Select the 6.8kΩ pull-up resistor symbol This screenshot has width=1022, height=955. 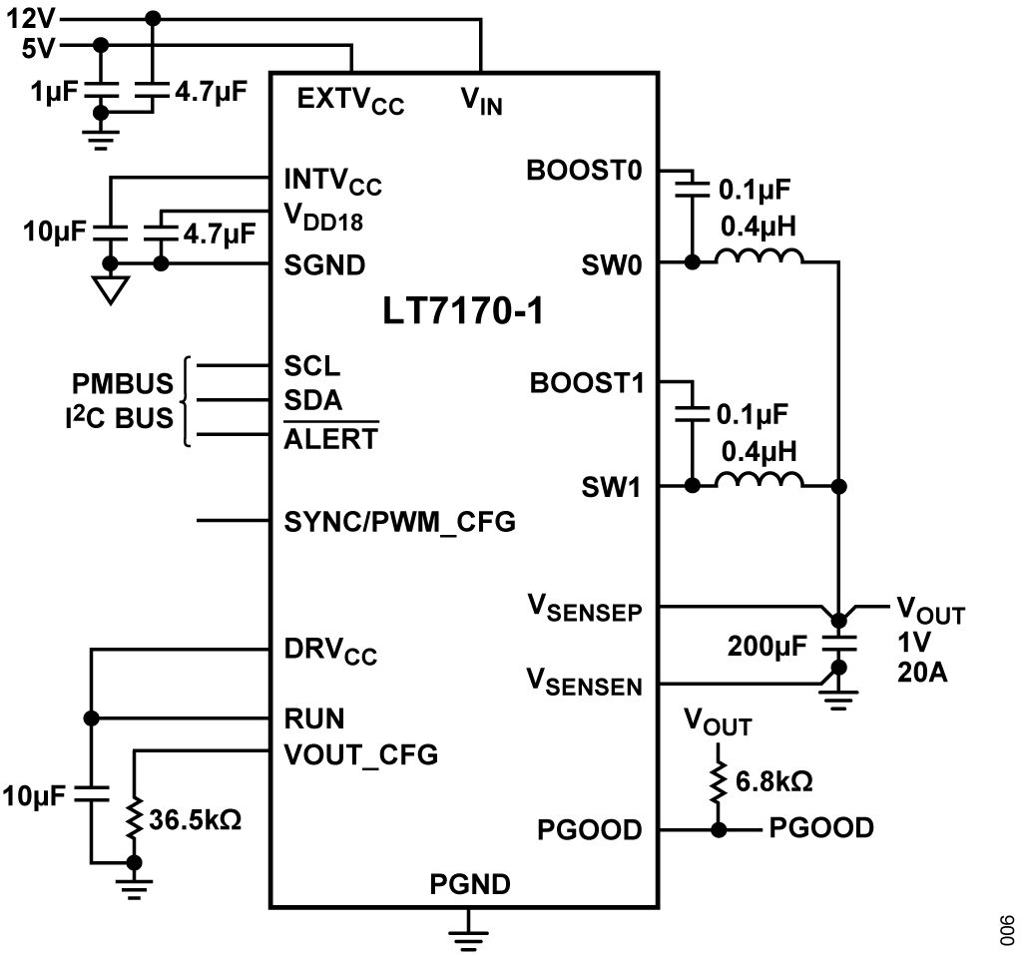716,781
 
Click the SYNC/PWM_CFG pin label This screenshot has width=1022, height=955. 399,521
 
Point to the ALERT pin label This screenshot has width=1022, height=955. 331,438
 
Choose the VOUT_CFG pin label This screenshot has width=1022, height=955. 360,754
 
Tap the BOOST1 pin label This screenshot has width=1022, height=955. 586,383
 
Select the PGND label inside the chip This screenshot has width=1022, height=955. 470,883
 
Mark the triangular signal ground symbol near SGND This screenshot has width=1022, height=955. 111,289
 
